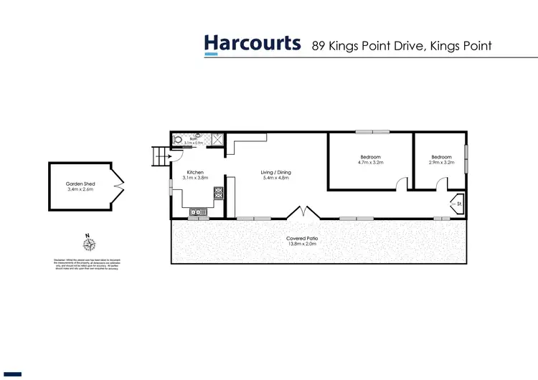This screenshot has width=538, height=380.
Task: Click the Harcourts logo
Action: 253,44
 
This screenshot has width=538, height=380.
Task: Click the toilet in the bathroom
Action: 176,138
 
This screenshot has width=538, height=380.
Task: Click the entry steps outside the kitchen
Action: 159,155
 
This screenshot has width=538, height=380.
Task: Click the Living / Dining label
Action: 275,173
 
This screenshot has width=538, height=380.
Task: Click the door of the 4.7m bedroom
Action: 400,184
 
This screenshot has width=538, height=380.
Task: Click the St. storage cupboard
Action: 456,204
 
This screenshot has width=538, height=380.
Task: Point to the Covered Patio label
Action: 301,238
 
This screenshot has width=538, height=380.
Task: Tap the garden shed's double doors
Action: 117,187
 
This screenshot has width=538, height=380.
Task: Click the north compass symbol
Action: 87,244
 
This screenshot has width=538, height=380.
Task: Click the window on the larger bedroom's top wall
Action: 372,131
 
